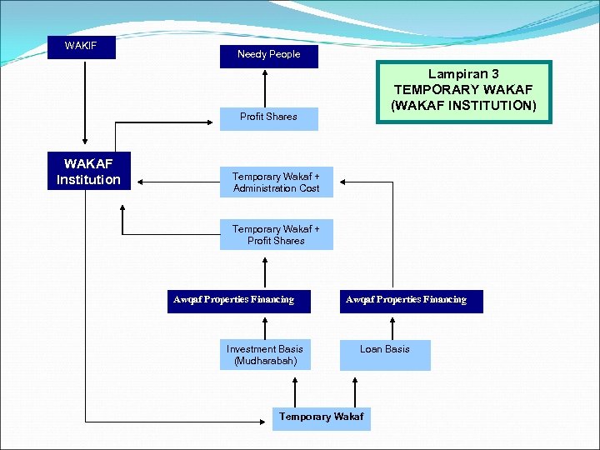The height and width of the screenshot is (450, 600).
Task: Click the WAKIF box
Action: pyautogui.click(x=81, y=46)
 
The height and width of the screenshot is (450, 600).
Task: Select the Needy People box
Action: pyautogui.click(x=268, y=55)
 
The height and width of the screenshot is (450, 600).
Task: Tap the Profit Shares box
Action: pyautogui.click(x=268, y=117)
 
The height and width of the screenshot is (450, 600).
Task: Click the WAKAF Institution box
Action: pyautogui.click(x=88, y=172)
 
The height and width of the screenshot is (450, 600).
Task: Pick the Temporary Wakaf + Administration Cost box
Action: pyautogui.click(x=276, y=182)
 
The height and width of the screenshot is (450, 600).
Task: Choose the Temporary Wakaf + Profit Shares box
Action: pyautogui.click(x=276, y=235)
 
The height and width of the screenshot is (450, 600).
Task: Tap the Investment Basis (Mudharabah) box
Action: pyautogui.click(x=264, y=355)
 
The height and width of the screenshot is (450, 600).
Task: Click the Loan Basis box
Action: pyautogui.click(x=384, y=355)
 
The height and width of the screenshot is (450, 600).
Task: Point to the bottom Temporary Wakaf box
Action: pyautogui.click(x=321, y=417)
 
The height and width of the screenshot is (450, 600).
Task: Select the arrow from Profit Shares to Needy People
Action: pyautogui.click(x=265, y=87)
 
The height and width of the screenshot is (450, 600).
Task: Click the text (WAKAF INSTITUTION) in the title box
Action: pyautogui.click(x=464, y=105)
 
